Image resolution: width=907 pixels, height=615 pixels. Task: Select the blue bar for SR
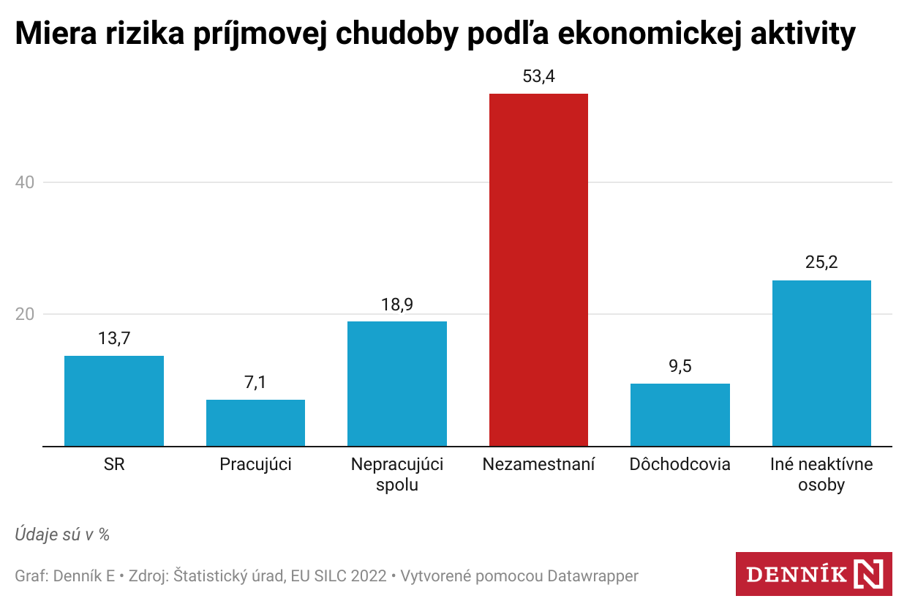(x=114, y=400)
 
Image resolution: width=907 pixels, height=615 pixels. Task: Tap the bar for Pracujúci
(x=255, y=422)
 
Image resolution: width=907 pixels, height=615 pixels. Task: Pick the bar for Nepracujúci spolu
(x=397, y=383)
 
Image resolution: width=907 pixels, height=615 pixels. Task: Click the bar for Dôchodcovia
(x=680, y=414)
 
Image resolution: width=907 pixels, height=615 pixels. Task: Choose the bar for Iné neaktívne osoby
(x=821, y=362)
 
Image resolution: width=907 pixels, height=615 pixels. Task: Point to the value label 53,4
(x=538, y=76)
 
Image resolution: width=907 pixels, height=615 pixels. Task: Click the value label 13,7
(x=114, y=338)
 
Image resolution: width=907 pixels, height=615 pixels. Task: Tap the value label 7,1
(x=255, y=382)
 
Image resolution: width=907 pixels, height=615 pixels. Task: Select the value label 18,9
(x=397, y=304)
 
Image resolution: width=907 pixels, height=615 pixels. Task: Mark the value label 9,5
(x=680, y=366)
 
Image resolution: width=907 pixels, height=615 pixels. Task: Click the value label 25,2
(x=821, y=263)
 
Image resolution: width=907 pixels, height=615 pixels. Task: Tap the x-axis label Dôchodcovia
(x=680, y=464)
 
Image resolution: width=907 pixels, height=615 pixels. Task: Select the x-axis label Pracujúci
(x=255, y=464)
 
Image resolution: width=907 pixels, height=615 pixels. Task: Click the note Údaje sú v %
(x=62, y=534)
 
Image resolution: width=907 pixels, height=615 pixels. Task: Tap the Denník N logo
(x=813, y=574)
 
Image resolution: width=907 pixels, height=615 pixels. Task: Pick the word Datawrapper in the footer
(x=593, y=576)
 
